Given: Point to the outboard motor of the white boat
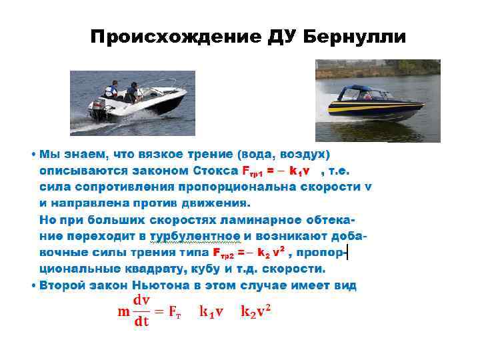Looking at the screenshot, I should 100,111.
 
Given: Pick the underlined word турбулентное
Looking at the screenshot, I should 195,237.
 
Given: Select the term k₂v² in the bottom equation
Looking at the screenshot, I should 256,311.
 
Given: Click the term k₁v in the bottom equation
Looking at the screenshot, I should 211,311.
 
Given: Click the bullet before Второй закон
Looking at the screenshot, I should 33,285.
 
